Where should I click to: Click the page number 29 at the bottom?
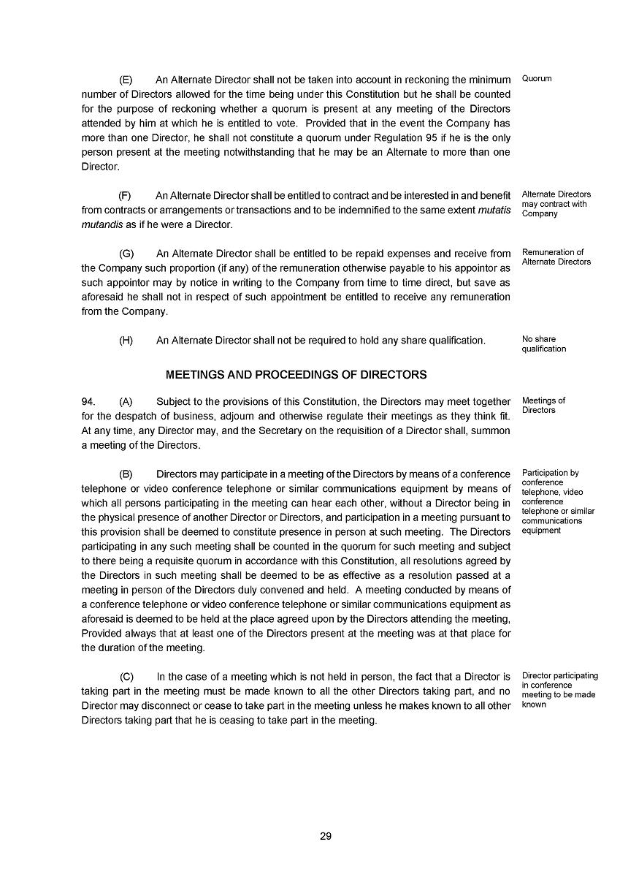click(x=326, y=836)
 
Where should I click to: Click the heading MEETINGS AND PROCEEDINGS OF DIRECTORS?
click(x=296, y=374)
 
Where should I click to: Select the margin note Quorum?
click(x=537, y=78)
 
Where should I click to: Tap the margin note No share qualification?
click(x=543, y=344)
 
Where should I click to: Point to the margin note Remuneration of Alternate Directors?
click(x=556, y=257)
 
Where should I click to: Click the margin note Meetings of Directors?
click(x=543, y=406)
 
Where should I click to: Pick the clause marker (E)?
click(x=126, y=80)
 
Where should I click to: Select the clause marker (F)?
click(x=126, y=195)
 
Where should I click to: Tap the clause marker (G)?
click(x=126, y=254)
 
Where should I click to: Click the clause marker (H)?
click(x=126, y=341)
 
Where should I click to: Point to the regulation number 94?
click(x=88, y=401)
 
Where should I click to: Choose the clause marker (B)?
click(x=126, y=474)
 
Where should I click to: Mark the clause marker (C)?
click(x=126, y=677)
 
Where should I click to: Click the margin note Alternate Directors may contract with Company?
click(x=556, y=204)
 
